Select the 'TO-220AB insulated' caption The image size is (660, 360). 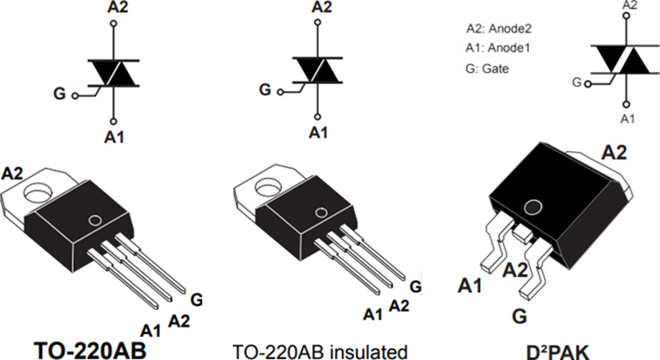[320, 352]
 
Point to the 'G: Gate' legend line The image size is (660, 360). [487, 69]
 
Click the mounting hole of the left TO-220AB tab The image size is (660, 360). [38, 195]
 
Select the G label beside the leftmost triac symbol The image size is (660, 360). [59, 95]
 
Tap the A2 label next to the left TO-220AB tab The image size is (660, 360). [12, 173]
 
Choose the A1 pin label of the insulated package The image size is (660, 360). [373, 314]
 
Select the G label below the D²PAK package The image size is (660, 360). [519, 317]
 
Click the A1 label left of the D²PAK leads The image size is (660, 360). [470, 285]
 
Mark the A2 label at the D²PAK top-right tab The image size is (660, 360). [614, 153]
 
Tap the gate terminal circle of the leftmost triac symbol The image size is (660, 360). [75, 96]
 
